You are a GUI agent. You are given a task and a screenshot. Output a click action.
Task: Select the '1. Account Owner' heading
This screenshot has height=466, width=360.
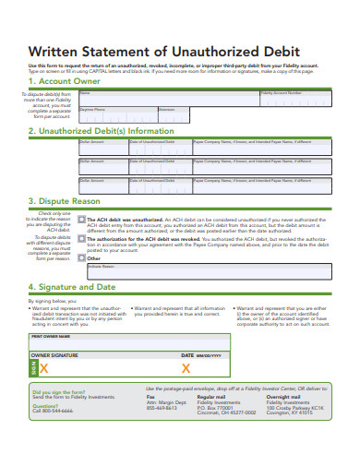(66, 81)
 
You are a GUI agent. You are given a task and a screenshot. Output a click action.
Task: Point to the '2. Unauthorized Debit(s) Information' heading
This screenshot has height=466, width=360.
(101, 131)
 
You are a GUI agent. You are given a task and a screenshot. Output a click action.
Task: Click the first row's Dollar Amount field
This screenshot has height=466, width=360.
(102, 148)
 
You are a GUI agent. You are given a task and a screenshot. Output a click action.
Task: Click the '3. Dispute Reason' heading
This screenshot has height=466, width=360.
(64, 201)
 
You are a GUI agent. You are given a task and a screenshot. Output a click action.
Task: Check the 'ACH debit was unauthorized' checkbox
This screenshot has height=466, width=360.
(82, 221)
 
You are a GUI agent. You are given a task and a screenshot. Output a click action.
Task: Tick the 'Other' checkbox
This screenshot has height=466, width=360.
(82, 258)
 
